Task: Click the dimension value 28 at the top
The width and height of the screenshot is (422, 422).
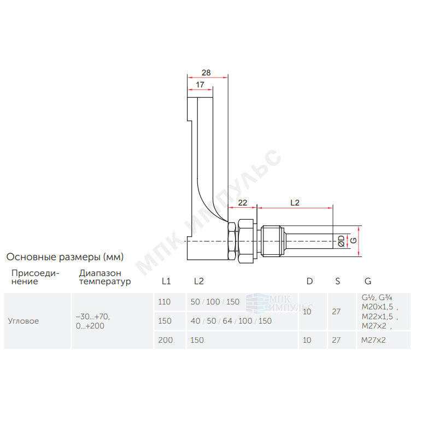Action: coord(206,73)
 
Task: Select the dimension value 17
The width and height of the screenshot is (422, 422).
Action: coord(200,85)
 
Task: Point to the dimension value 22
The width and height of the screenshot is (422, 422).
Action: coord(243,203)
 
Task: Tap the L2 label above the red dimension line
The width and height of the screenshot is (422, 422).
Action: coord(295,203)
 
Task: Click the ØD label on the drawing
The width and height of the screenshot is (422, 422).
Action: coord(341,241)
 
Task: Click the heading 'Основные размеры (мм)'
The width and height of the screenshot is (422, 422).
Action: coord(65,257)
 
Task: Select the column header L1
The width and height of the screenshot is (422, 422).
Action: coord(166,282)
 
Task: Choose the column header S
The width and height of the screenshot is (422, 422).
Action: coord(337,282)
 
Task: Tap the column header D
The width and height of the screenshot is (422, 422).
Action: coord(309,282)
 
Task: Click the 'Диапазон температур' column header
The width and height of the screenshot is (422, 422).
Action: coord(105,277)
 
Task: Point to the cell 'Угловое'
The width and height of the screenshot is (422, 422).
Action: coord(24,321)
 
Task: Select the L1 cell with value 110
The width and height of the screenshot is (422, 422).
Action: coord(165,302)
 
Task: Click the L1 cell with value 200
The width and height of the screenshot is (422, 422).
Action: coord(166,340)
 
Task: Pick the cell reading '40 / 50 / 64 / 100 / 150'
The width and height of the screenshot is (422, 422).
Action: coord(231,321)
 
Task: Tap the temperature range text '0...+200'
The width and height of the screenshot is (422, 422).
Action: coord(90,326)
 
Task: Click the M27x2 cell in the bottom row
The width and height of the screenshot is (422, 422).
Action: coord(373,340)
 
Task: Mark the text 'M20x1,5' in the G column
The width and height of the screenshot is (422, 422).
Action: coord(377,307)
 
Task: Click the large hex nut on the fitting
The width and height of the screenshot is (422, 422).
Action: coord(246,241)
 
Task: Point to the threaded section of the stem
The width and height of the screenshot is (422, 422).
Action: coord(273,241)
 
